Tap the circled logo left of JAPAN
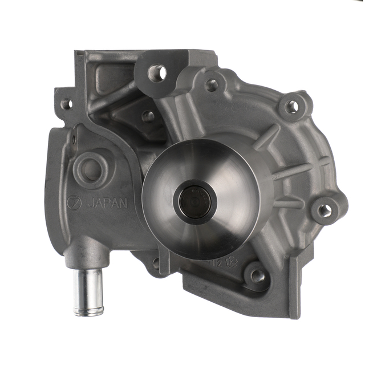point(74,203)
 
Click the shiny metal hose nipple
point(87,291)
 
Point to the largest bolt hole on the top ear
point(158,72)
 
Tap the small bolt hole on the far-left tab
point(66,104)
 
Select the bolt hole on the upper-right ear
point(292,107)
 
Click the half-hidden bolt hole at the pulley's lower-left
point(155,263)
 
